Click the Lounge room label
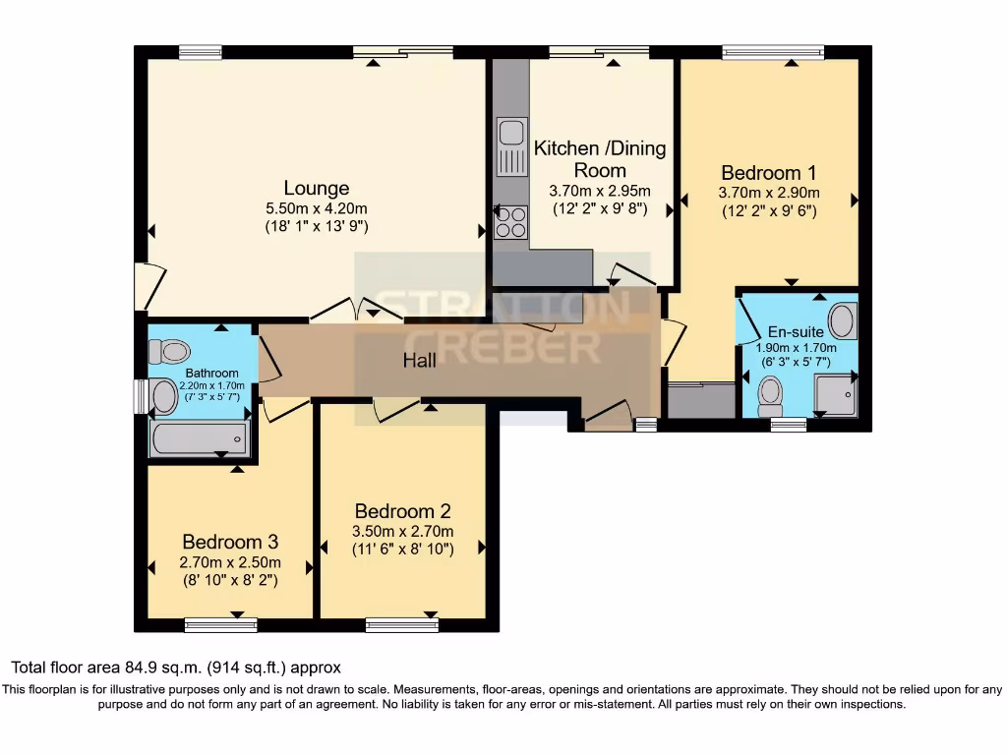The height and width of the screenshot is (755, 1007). click(x=316, y=188)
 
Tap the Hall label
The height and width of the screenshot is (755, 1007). click(x=420, y=361)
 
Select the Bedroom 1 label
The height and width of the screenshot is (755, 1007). click(x=769, y=170)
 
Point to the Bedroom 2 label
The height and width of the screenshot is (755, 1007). click(x=402, y=511)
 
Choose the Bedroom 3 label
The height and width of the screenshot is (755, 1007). click(x=230, y=542)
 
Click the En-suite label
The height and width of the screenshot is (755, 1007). click(x=796, y=332)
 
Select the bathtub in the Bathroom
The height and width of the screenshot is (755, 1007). click(x=199, y=437)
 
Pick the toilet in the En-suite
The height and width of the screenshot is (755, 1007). click(x=770, y=395)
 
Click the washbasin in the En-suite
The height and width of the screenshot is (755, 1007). click(x=842, y=319)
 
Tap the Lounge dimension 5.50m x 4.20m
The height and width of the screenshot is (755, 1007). click(x=316, y=208)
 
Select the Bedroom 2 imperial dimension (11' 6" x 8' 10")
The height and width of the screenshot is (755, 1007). click(x=402, y=550)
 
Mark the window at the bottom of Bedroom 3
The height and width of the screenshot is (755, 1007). click(x=220, y=623)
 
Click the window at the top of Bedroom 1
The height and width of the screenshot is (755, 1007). click(x=772, y=52)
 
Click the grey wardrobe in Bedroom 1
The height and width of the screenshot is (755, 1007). click(x=700, y=401)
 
